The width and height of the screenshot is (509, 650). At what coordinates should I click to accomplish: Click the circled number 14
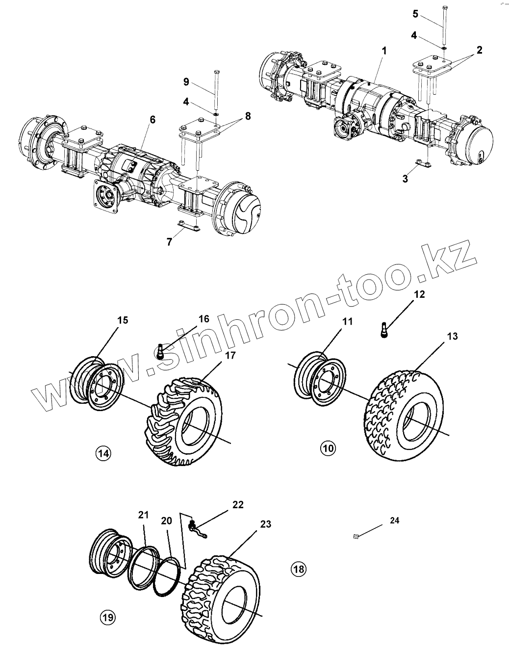click(103, 453)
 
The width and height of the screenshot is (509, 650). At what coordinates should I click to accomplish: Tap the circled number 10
click(328, 447)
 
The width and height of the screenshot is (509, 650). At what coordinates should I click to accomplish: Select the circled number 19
click(107, 617)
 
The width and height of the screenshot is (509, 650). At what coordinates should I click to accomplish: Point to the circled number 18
click(298, 569)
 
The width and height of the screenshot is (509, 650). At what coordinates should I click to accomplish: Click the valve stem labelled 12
click(384, 329)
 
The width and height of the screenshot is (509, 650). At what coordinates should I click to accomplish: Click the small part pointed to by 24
click(356, 537)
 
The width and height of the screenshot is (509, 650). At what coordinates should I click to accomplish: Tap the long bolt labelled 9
click(216, 91)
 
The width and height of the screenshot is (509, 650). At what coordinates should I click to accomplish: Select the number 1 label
click(384, 51)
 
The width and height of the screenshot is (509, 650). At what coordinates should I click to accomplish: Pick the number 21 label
click(143, 515)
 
